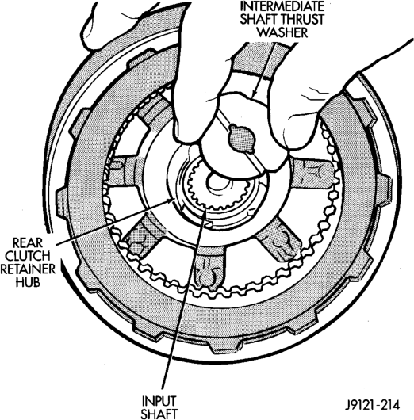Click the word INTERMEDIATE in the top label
tap(282, 6)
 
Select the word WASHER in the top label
tap(284, 33)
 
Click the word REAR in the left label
tap(28, 243)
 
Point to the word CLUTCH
tap(28, 256)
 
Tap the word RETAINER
tap(28, 269)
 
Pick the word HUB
tap(28, 282)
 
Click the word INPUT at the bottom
tap(159, 401)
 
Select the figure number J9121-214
tap(372, 405)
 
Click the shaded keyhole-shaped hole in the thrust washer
tap(241, 139)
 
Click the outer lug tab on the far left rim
tap(61, 201)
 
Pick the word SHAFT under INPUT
tap(159, 414)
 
